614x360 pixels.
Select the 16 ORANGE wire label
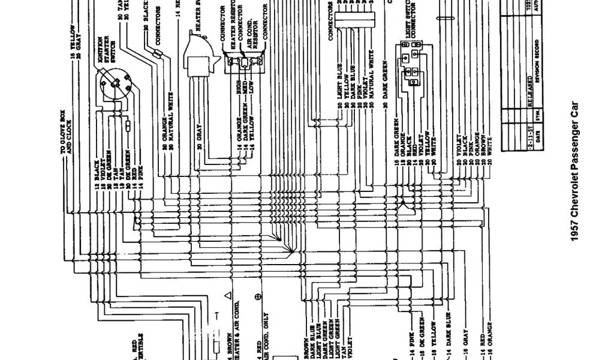click(x=489, y=341)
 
